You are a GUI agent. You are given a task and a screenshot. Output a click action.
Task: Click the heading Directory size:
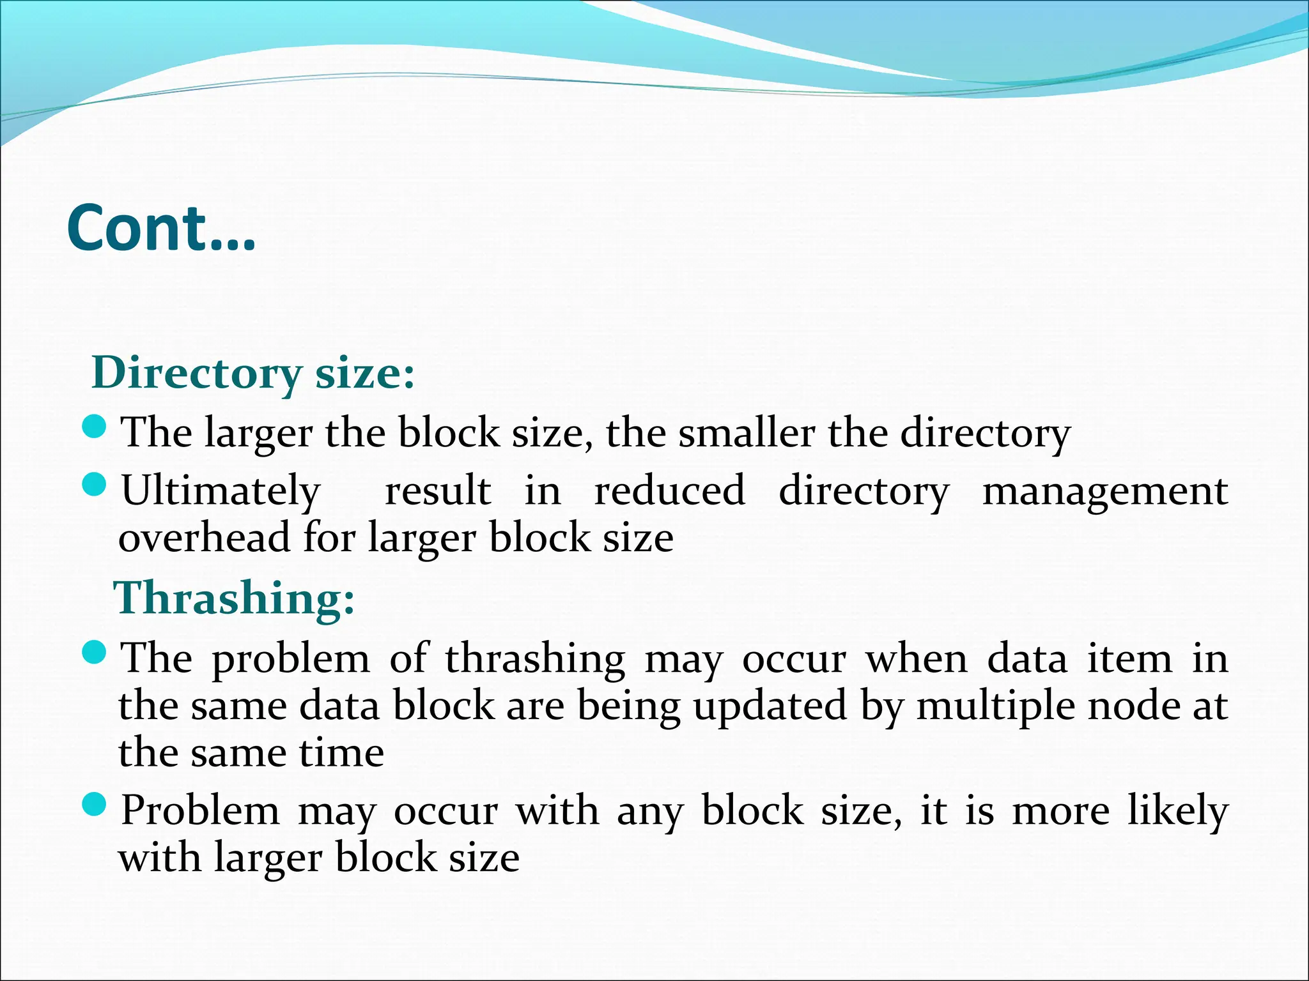tap(253, 372)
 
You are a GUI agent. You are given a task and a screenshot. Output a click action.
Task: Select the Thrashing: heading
tap(234, 598)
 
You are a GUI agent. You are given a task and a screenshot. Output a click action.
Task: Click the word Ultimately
tap(221, 492)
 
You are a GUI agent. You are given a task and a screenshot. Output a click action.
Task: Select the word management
tap(1104, 492)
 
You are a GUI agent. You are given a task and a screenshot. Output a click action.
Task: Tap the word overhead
tap(205, 537)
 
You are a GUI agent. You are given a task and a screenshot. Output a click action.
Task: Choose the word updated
tap(770, 706)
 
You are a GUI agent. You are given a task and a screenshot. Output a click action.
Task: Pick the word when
tap(917, 658)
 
